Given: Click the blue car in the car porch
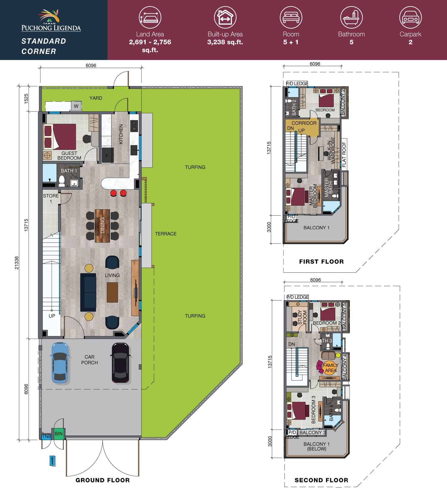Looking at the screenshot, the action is pyautogui.click(x=61, y=362).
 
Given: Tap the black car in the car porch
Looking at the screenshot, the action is pyautogui.click(x=120, y=363).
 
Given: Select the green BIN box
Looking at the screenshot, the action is pyautogui.click(x=58, y=434).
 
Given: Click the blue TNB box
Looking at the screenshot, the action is pyautogui.click(x=46, y=436).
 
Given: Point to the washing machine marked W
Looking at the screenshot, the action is pyautogui.click(x=76, y=106).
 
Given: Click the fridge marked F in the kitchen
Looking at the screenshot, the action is pyautogui.click(x=108, y=155).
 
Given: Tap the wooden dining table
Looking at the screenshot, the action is pyautogui.click(x=103, y=226).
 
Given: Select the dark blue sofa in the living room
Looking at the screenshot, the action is pyautogui.click(x=88, y=292).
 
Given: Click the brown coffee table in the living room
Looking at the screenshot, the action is pyautogui.click(x=112, y=292).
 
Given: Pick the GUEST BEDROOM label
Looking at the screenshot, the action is pyautogui.click(x=69, y=156).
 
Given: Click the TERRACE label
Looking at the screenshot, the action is pyautogui.click(x=166, y=234).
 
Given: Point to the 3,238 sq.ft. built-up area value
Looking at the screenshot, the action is pyautogui.click(x=225, y=42).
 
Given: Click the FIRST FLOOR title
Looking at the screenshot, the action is pyautogui.click(x=321, y=262).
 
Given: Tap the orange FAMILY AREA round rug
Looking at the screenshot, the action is pyautogui.click(x=330, y=367).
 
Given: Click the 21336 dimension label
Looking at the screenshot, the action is pyautogui.click(x=17, y=263).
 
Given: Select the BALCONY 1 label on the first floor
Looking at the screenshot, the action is pyautogui.click(x=316, y=228).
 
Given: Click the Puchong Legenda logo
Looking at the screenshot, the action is pyautogui.click(x=51, y=20).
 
